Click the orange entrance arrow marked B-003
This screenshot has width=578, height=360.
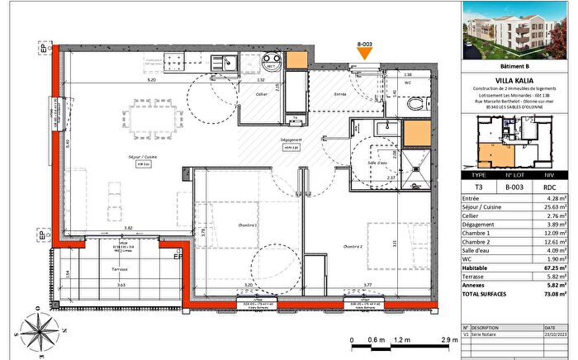point(364,55)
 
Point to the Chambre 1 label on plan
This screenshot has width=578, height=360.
point(223,225)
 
